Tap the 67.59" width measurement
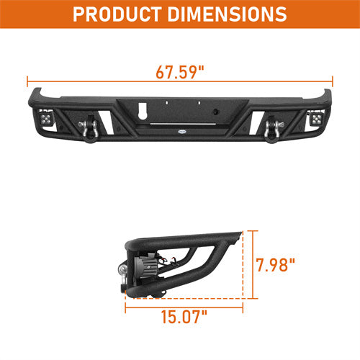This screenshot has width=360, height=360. (x=179, y=72)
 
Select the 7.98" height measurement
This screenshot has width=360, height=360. (x=276, y=265)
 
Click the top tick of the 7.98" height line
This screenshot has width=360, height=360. (x=253, y=232)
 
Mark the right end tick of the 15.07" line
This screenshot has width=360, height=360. (x=242, y=307)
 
